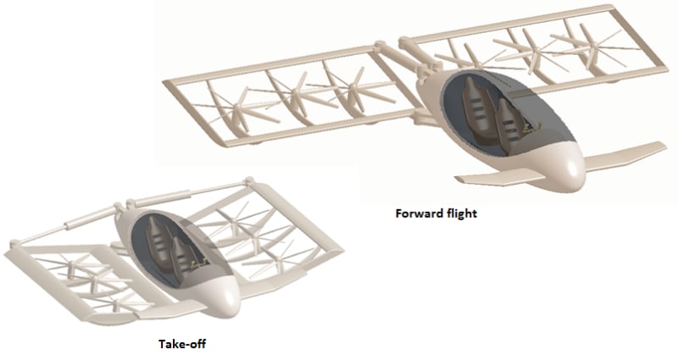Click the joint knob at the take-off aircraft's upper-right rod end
[251, 180]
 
